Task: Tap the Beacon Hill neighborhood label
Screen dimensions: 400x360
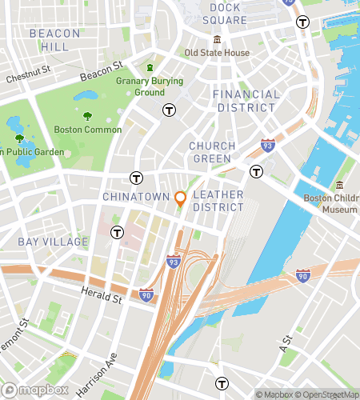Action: (54, 40)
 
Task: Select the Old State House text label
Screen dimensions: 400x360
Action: (217, 53)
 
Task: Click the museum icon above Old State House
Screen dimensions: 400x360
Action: (217, 40)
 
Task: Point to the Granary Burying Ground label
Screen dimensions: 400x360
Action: (150, 86)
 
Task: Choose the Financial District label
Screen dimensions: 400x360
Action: (246, 101)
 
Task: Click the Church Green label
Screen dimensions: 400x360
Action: (212, 152)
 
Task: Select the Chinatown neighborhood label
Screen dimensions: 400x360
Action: (136, 197)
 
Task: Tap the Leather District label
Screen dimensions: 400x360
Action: (218, 201)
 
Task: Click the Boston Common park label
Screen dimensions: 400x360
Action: (88, 130)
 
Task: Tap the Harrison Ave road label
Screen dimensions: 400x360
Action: (97, 373)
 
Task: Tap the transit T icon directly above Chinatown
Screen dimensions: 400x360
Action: (137, 178)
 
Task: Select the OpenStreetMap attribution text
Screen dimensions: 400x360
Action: (326, 394)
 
